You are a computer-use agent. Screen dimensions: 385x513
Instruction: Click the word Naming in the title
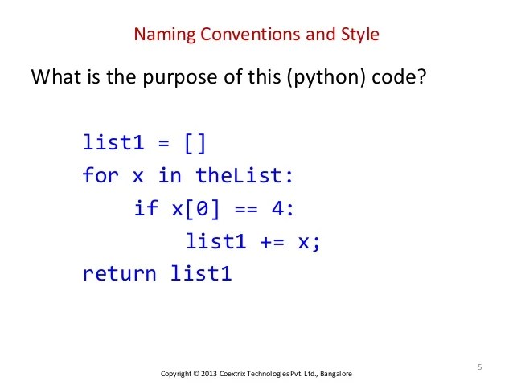(161, 35)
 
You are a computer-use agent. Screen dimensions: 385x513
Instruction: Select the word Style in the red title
(360, 35)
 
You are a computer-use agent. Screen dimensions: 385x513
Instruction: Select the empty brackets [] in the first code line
(195, 143)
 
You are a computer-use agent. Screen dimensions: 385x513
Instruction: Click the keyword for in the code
(100, 175)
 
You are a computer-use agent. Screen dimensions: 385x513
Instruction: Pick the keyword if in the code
(146, 208)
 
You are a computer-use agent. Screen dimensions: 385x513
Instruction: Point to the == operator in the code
(247, 208)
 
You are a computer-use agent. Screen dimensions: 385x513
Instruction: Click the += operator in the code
(272, 241)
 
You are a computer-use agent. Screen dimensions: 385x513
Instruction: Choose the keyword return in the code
(119, 274)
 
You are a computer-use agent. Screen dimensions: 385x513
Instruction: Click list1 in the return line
(201, 274)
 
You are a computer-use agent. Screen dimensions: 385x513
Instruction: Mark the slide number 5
(479, 367)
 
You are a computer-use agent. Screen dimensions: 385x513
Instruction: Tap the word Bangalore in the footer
(335, 375)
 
